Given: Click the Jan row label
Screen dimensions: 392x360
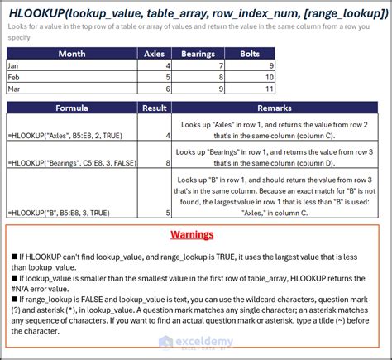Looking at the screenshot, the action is (15, 65).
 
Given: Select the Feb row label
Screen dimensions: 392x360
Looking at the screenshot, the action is (15, 76).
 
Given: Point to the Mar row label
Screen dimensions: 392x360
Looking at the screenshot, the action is (15, 87).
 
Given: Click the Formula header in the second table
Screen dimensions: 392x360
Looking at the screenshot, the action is (71, 108).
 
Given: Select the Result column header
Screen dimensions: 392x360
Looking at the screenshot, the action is (155, 108).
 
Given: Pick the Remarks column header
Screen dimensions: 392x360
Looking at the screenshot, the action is (274, 108).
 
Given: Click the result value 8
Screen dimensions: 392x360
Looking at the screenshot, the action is (168, 164).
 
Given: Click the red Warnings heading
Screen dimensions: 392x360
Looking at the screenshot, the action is (195, 234).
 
